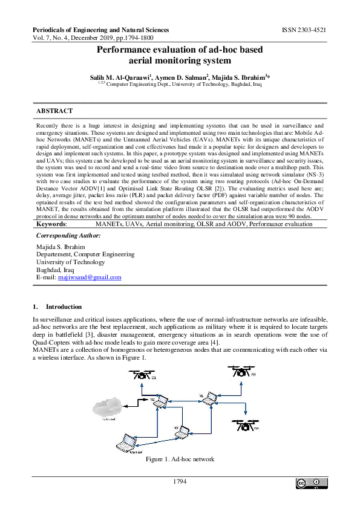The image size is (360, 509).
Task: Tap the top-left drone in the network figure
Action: [x=143, y=376]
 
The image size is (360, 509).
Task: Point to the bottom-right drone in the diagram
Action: [x=246, y=423]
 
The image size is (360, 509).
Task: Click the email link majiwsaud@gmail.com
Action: [x=90, y=277]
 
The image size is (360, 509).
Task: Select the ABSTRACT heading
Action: [x=54, y=111]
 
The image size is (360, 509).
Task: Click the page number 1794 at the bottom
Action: [x=180, y=482]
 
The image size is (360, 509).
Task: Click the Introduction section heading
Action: [x=64, y=306]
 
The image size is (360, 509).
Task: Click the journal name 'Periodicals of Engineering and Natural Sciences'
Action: [x=100, y=30]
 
